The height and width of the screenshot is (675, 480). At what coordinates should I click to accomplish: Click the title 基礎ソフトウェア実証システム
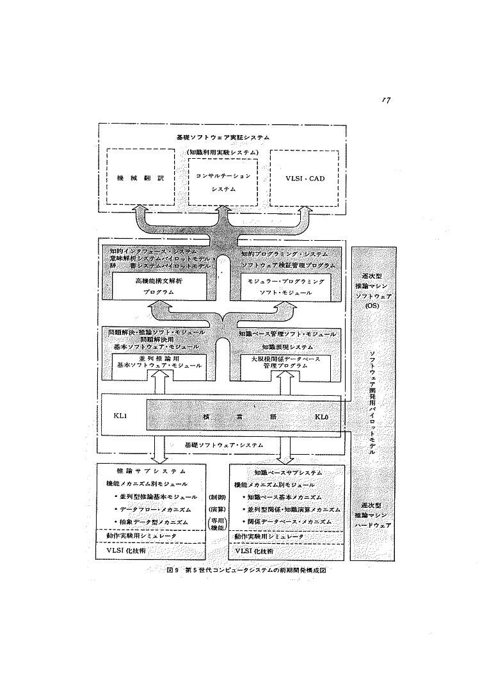(223, 137)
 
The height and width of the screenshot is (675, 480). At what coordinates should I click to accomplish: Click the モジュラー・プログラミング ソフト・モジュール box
(286, 286)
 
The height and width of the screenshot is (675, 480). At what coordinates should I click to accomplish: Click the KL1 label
(122, 416)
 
